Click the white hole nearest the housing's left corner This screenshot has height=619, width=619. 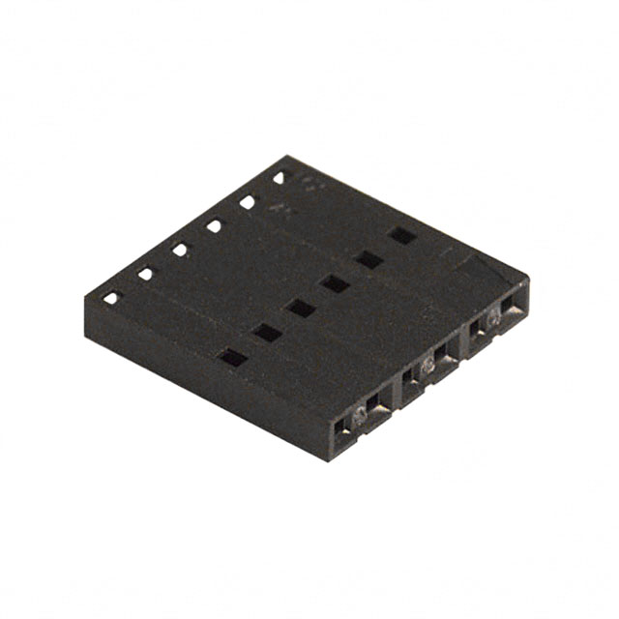click(110, 298)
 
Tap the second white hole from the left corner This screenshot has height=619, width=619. click(145, 274)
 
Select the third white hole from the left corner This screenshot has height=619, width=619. click(180, 250)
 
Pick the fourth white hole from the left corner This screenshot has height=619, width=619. click(214, 225)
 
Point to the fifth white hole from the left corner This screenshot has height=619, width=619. click(248, 201)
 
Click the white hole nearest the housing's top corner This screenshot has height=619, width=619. click(280, 178)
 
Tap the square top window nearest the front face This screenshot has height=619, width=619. click(233, 357)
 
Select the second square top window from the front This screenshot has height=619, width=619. click(267, 333)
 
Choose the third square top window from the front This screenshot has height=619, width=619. click(301, 308)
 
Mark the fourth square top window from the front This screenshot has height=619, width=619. click(335, 283)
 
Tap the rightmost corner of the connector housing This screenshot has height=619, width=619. click(529, 280)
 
